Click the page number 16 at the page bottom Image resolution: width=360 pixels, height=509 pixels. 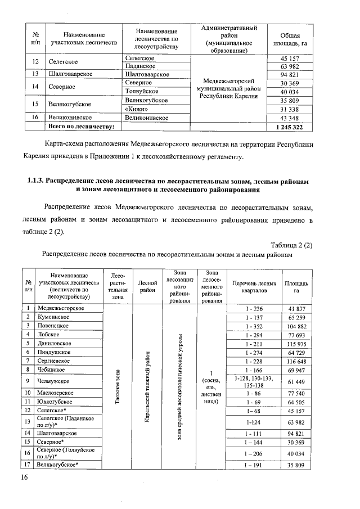[24, 478]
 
